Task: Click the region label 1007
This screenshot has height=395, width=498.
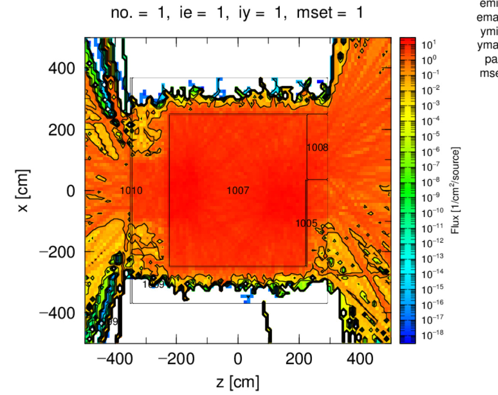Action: click(x=238, y=191)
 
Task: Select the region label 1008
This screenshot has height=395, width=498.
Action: click(x=317, y=148)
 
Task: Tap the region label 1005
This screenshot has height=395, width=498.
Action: click(x=306, y=223)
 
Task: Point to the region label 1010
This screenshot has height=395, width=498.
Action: click(x=131, y=191)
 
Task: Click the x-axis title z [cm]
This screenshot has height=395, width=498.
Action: click(x=238, y=382)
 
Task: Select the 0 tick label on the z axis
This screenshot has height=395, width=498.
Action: click(x=238, y=359)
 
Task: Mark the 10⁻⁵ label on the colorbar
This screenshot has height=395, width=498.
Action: click(x=429, y=136)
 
